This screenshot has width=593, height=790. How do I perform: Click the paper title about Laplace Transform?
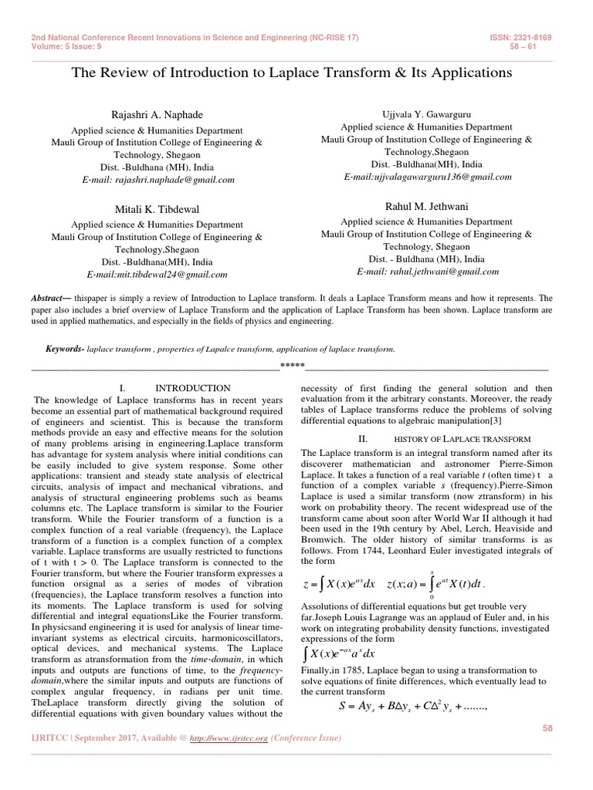[x=291, y=73]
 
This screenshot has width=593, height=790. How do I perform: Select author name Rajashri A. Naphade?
[x=158, y=115]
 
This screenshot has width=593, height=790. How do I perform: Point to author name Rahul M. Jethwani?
[x=427, y=206]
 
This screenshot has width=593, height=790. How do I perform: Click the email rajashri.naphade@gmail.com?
[x=158, y=180]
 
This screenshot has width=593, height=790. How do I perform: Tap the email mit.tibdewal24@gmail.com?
[x=158, y=274]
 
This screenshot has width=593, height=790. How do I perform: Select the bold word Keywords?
[x=64, y=349]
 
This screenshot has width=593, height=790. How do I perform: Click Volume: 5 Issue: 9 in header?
[x=68, y=47]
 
